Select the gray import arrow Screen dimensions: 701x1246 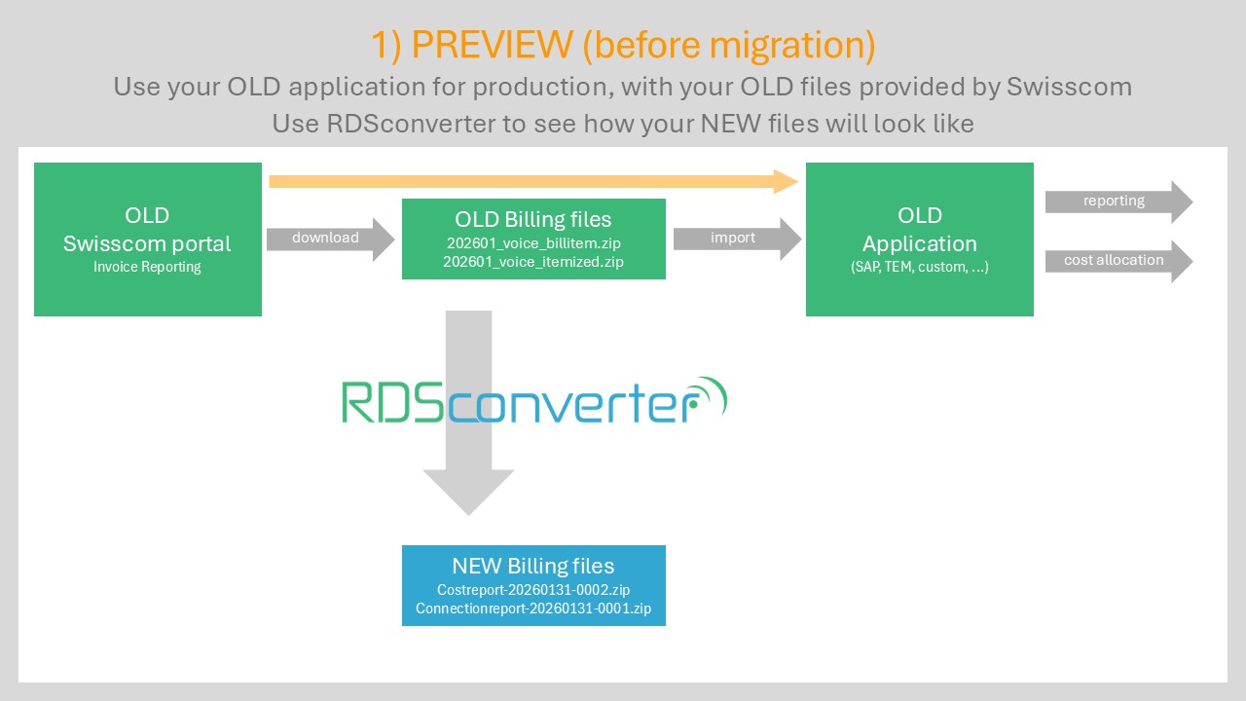(x=736, y=239)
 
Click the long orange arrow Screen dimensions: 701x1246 (x=531, y=181)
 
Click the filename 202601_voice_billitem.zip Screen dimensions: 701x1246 (x=533, y=242)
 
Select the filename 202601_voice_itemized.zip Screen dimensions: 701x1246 (x=533, y=262)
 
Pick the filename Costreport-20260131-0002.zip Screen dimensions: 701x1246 (x=533, y=590)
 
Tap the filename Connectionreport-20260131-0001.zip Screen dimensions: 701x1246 (x=533, y=609)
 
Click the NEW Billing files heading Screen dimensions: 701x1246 (x=533, y=566)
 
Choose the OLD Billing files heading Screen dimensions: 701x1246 (x=533, y=219)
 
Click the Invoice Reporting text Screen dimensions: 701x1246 (x=147, y=267)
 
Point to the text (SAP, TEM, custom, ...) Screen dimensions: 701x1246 (x=919, y=267)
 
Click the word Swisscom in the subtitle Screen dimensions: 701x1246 (x=1069, y=87)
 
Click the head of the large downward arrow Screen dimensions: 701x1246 (x=468, y=492)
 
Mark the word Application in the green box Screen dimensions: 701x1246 (x=919, y=243)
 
